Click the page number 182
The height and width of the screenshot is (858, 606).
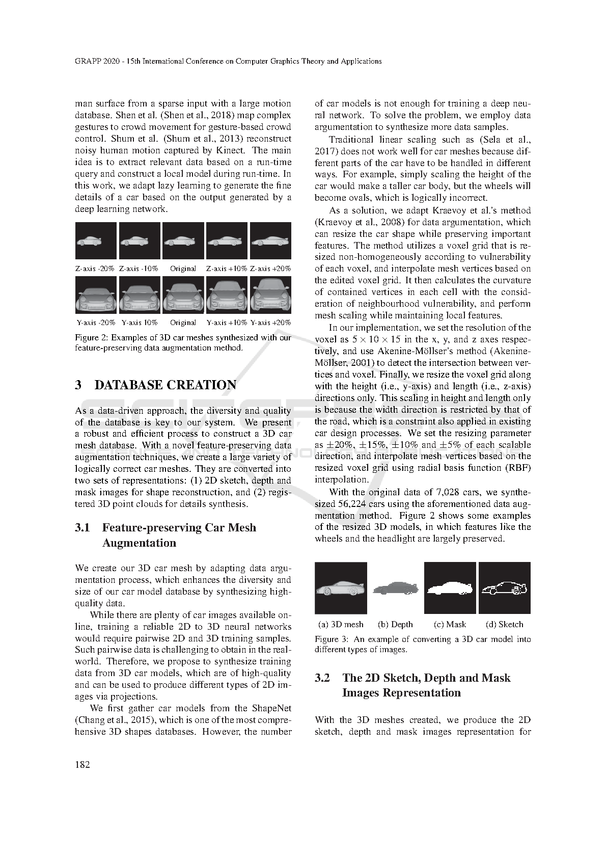[82, 764]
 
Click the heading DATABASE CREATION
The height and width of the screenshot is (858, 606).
[165, 385]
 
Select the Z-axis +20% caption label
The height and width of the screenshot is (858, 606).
[270, 268]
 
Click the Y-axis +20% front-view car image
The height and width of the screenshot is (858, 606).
[270, 294]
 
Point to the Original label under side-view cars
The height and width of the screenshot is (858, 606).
[183, 268]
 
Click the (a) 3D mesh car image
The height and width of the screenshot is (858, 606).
[341, 588]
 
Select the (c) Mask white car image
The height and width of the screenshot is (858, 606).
[450, 588]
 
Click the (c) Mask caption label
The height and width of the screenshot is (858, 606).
[450, 624]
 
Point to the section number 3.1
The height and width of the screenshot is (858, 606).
[82, 527]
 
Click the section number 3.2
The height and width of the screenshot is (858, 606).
[322, 678]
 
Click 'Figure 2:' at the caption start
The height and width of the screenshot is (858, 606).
[92, 337]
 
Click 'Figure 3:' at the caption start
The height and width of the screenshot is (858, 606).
[332, 639]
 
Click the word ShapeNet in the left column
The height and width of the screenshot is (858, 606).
[271, 708]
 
